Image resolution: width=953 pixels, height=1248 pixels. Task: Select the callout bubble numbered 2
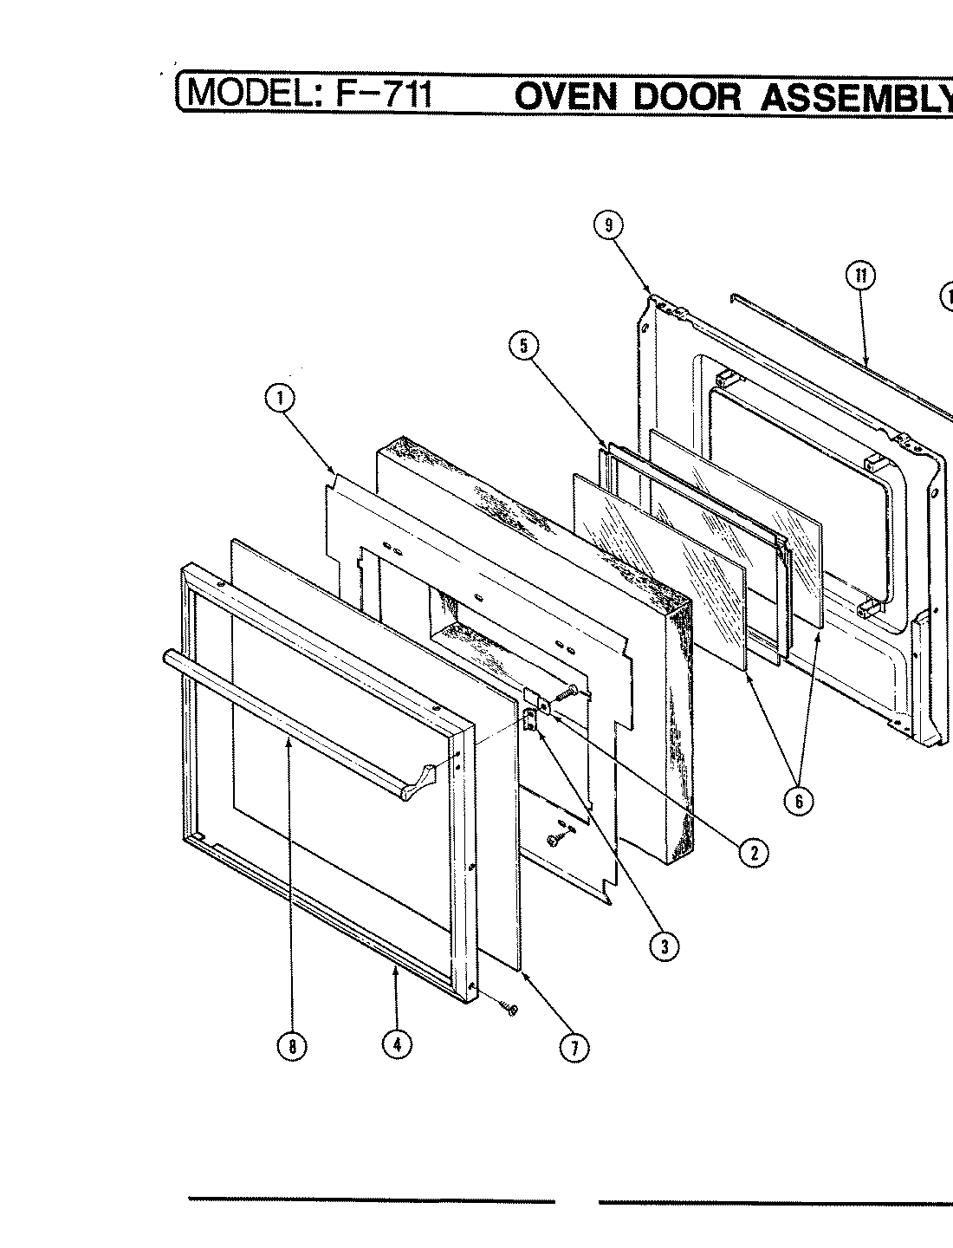click(x=753, y=853)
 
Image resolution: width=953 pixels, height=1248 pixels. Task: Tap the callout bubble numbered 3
click(x=665, y=946)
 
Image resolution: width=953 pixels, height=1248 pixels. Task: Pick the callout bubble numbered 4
click(x=397, y=1044)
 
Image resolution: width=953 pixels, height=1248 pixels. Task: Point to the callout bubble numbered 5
click(x=522, y=346)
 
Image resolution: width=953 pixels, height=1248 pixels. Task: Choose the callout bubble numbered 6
click(x=798, y=801)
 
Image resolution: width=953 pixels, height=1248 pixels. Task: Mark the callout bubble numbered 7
click(x=573, y=1048)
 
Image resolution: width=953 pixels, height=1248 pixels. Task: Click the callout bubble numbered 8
click(x=292, y=1046)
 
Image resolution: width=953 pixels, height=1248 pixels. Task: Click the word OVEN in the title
click(x=567, y=96)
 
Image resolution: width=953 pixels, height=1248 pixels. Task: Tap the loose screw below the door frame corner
click(x=510, y=1008)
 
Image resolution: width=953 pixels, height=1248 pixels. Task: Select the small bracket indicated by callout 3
click(x=529, y=716)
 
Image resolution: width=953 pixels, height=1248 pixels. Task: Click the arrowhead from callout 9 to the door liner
click(x=651, y=292)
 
